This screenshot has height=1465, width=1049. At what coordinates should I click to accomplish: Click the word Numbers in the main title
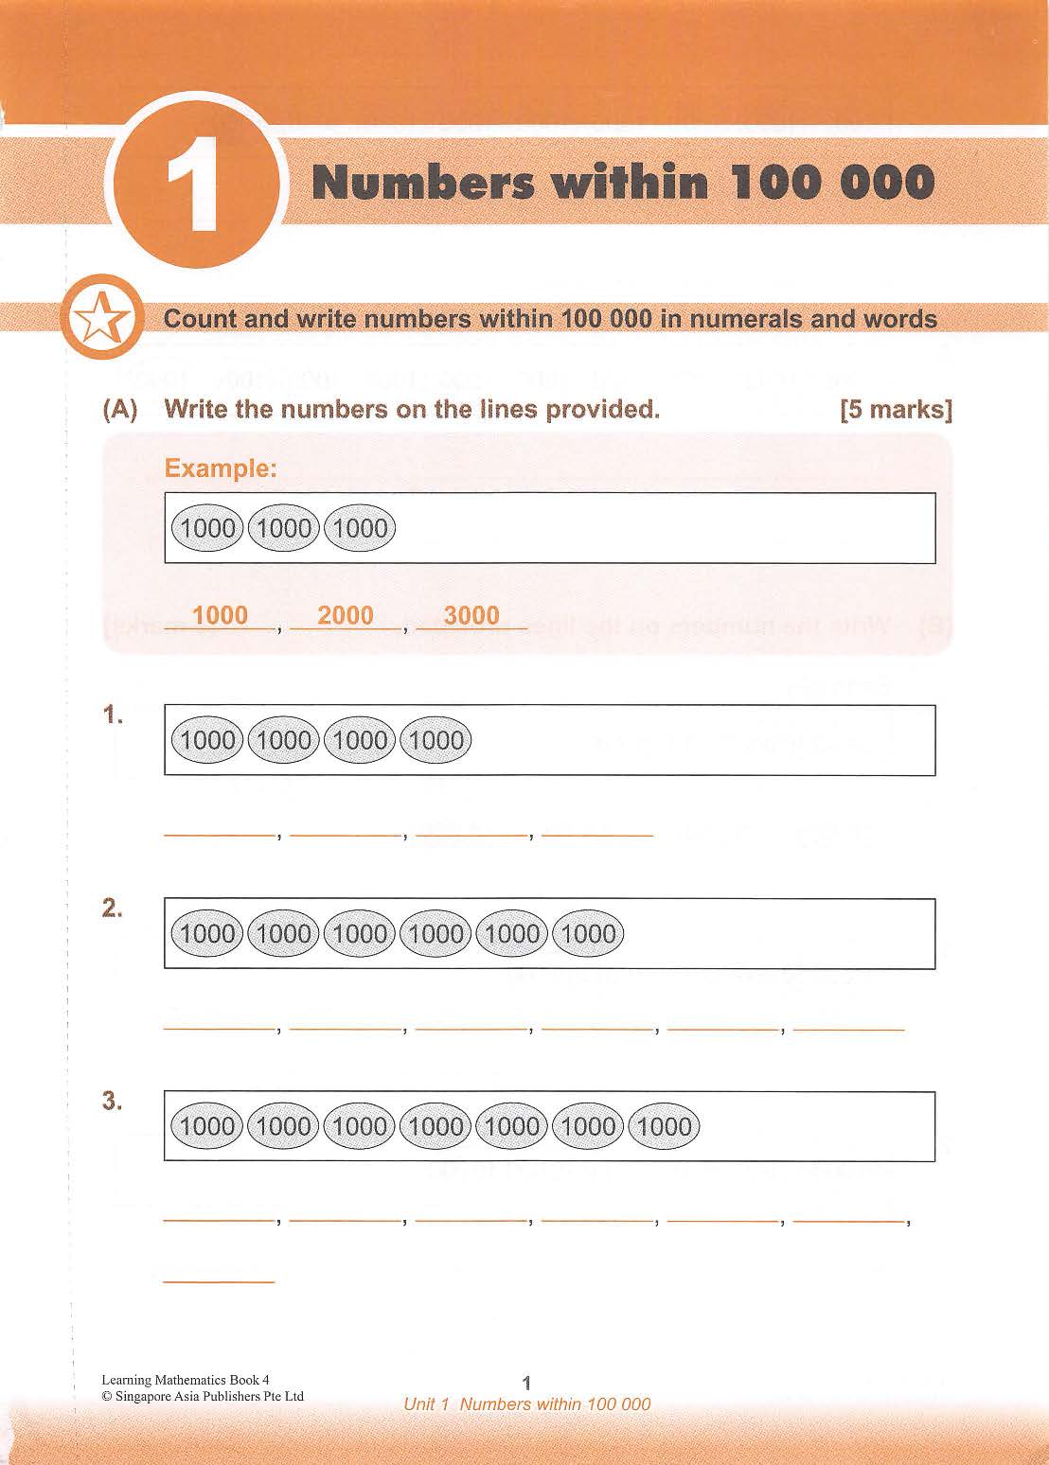point(422,183)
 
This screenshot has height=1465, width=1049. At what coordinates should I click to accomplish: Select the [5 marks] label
point(895,410)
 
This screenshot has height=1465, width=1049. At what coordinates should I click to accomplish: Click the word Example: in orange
point(221,468)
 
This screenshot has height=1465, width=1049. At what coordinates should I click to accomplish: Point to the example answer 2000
point(346,615)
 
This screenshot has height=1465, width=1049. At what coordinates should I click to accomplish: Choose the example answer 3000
point(471,615)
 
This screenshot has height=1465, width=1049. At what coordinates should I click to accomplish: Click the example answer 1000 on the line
point(220,615)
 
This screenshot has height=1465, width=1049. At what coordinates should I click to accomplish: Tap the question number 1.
point(114,716)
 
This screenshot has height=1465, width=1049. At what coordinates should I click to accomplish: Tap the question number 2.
point(114,909)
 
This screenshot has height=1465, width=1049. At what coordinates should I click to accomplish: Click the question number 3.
point(114,1102)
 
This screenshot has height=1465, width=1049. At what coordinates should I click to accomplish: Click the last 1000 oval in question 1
point(436,740)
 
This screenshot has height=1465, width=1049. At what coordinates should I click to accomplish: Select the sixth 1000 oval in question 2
point(588,934)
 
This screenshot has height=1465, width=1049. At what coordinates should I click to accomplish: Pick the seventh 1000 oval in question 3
point(665,1126)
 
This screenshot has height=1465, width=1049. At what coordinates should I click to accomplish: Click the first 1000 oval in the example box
point(207,528)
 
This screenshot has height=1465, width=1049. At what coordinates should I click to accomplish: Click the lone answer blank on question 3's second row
point(219,1279)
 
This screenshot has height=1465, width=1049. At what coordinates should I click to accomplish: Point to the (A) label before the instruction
point(120,410)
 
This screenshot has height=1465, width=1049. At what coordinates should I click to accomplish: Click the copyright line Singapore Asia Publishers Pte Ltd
point(203,1396)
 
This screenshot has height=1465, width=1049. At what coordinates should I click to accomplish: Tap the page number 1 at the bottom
point(527,1383)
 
